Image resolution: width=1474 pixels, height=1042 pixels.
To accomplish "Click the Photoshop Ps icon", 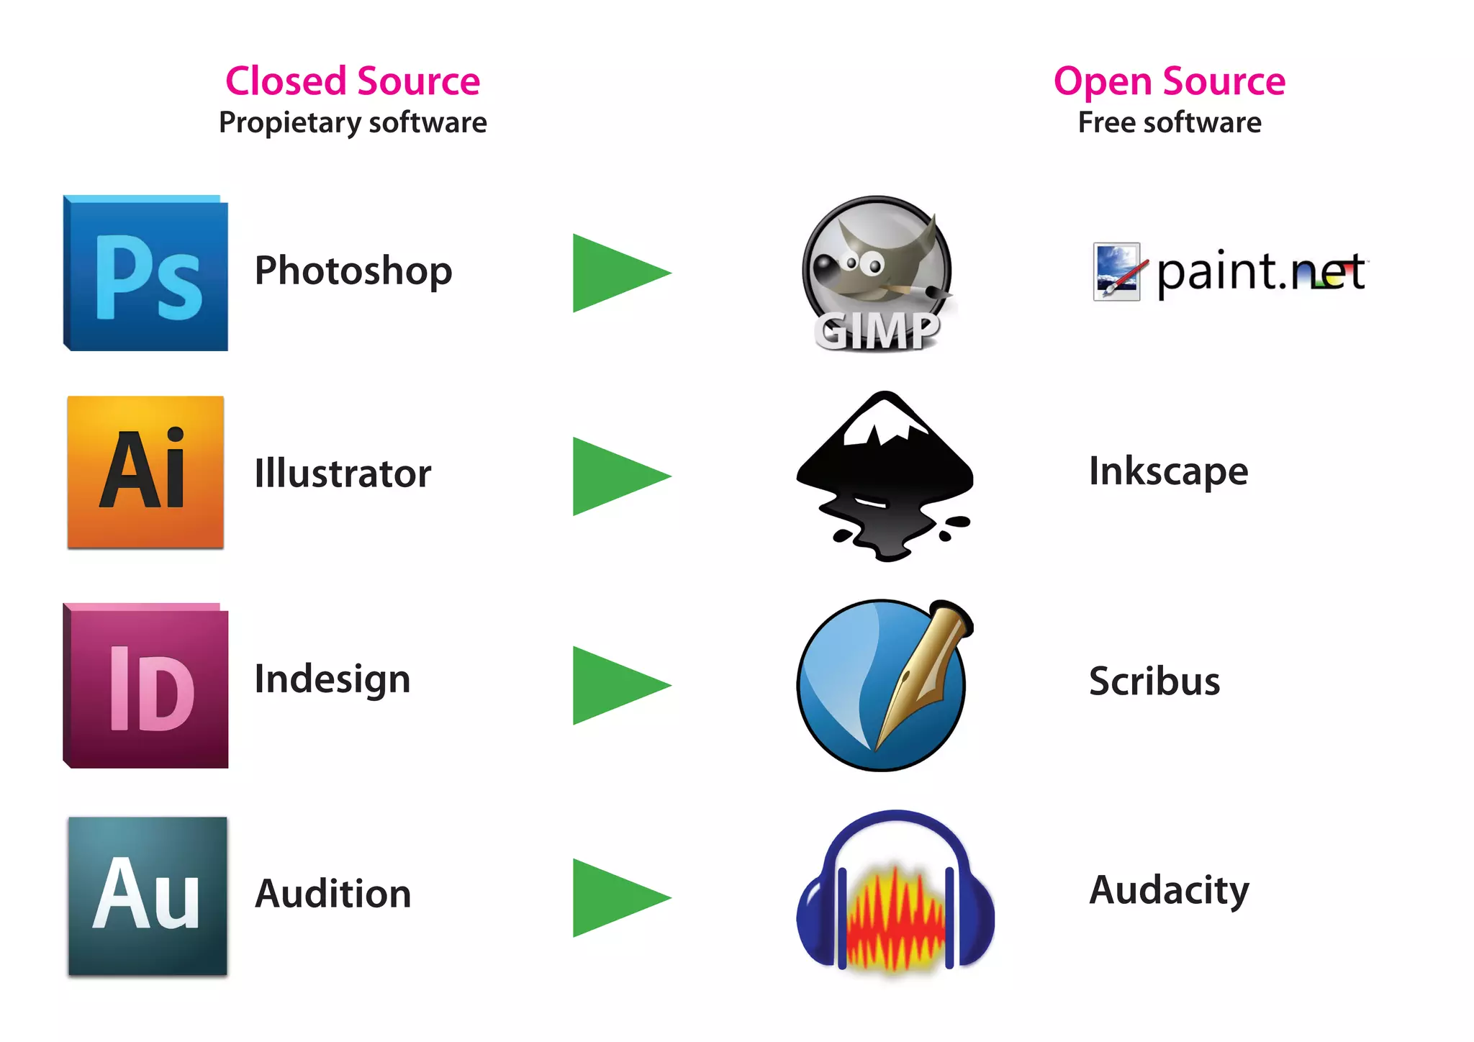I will pos(146,273).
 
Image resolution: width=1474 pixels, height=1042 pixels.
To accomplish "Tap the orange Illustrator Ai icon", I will pos(145,472).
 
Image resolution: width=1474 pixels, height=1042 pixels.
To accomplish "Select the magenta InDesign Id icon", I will pos(146,686).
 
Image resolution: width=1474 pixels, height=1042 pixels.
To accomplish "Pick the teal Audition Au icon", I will pos(148,896).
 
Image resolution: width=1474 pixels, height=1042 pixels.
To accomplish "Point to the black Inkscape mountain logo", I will pos(885,476).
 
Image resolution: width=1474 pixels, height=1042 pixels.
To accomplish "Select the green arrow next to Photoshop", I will pos(615,273).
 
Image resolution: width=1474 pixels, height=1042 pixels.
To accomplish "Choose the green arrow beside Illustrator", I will pos(615,476).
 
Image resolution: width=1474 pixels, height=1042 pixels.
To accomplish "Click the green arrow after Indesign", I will pos(615,685).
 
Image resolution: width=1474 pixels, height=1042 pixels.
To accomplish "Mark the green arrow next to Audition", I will pos(615,897).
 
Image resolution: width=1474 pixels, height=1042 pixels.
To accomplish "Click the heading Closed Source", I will pos(353,81).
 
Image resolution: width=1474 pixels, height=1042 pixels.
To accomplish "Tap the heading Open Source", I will pos(1170,81).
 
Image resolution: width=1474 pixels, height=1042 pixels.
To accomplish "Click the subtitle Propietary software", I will pos(353,122).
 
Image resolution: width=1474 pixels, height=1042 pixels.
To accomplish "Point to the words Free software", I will pos(1170,122).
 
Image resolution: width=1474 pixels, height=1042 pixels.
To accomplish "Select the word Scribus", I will pos(1154,681).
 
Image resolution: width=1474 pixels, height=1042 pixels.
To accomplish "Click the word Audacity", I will pos(1169,891).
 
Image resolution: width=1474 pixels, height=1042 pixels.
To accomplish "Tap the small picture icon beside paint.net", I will pos(1116,272).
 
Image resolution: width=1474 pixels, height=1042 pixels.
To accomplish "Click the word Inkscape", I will pos(1168,471).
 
